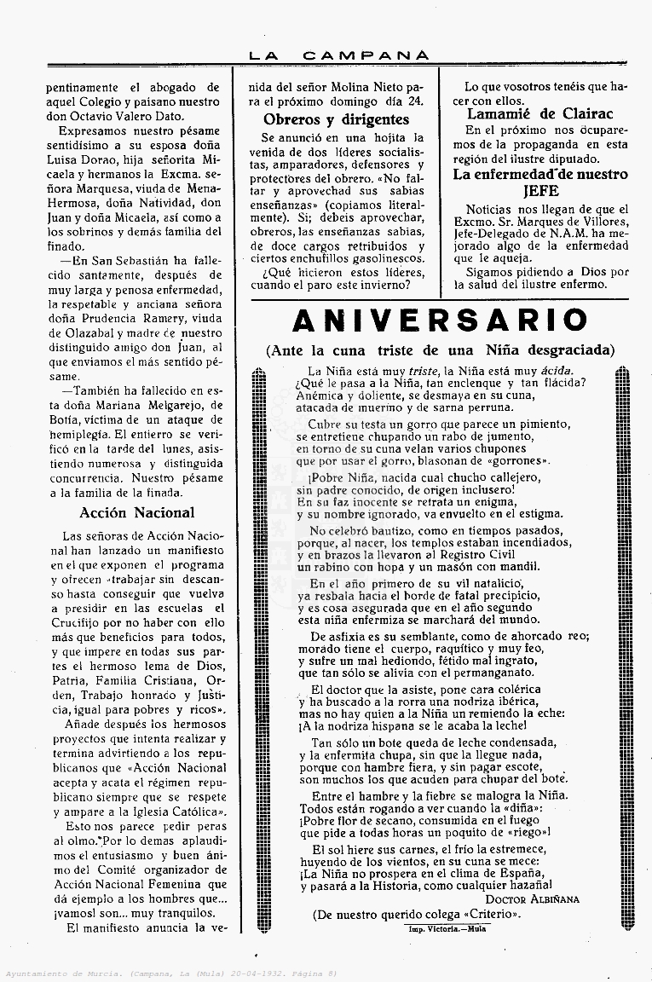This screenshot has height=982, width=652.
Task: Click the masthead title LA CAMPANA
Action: tap(338, 55)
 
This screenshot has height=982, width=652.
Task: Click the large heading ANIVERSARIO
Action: tap(440, 321)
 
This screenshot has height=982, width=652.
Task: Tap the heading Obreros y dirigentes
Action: tap(336, 119)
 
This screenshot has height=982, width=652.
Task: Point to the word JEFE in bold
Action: tap(541, 191)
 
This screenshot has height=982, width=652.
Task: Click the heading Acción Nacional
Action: tap(136, 512)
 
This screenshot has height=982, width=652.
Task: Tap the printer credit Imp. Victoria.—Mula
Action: tap(447, 928)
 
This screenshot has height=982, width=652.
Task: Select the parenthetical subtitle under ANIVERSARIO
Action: tap(440, 349)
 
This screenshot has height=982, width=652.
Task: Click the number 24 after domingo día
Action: tap(415, 101)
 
